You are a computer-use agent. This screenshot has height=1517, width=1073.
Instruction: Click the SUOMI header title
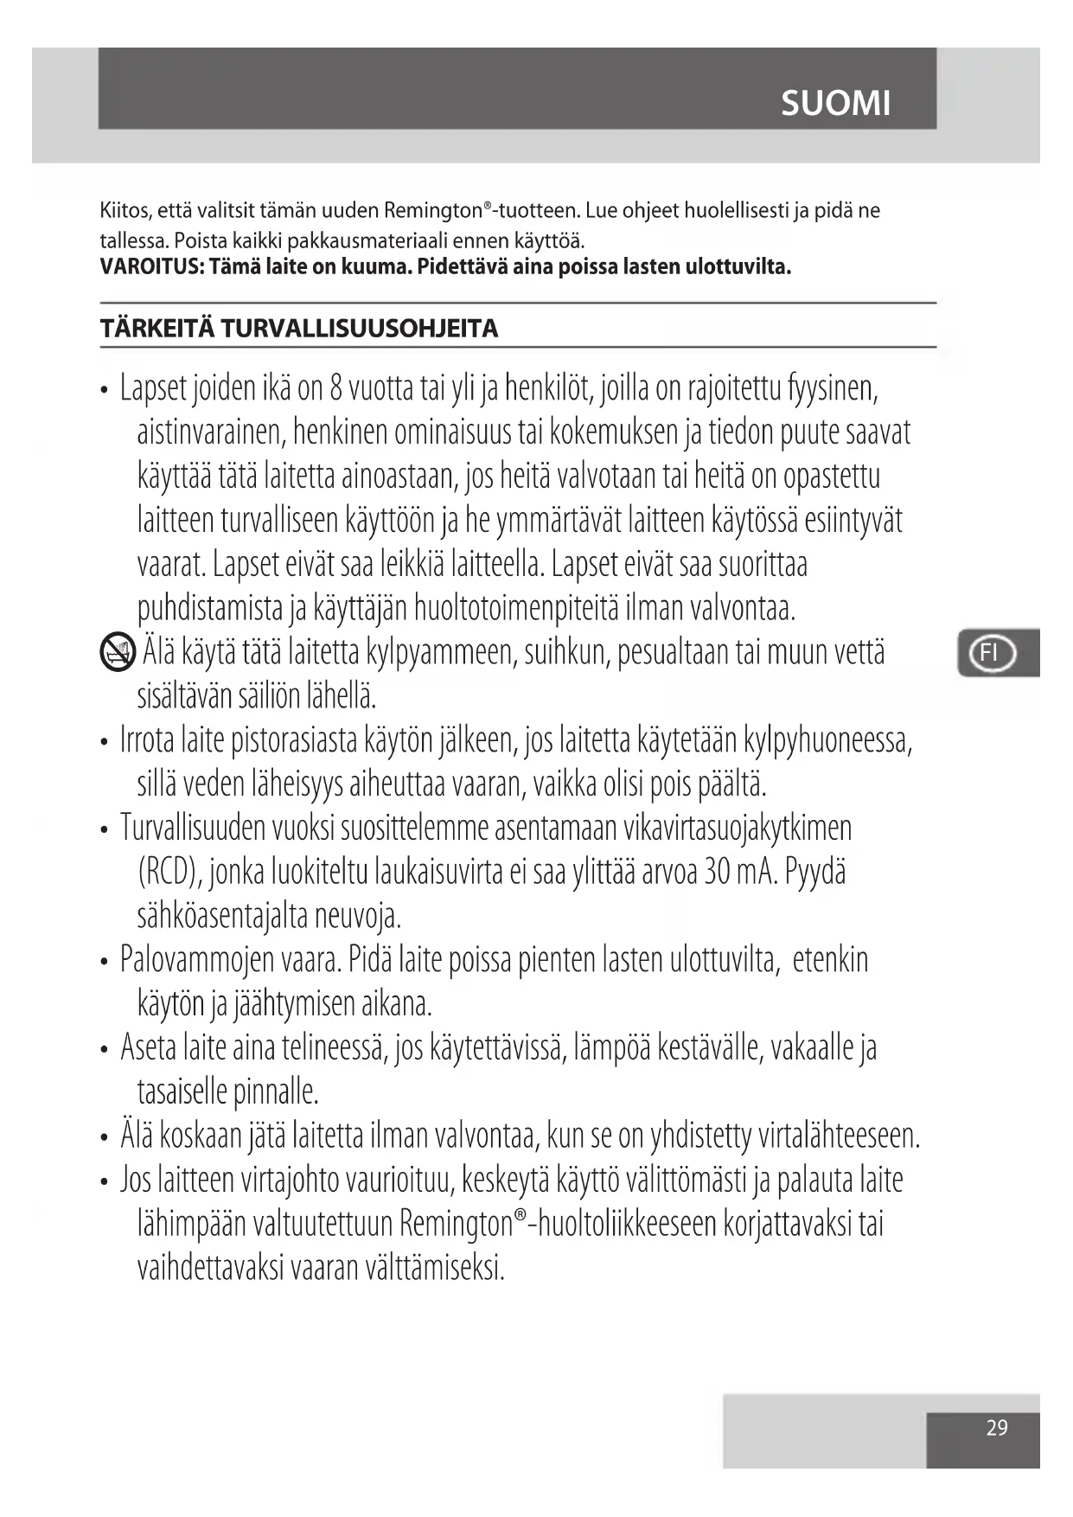click(834, 104)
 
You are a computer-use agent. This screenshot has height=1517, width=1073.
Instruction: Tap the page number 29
click(996, 1428)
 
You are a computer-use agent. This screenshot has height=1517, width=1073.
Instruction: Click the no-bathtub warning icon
click(118, 652)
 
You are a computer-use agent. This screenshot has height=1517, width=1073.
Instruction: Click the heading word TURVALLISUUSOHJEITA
click(360, 329)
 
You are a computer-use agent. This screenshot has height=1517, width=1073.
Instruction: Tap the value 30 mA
click(740, 871)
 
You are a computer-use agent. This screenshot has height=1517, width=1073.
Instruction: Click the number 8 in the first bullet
click(336, 388)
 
